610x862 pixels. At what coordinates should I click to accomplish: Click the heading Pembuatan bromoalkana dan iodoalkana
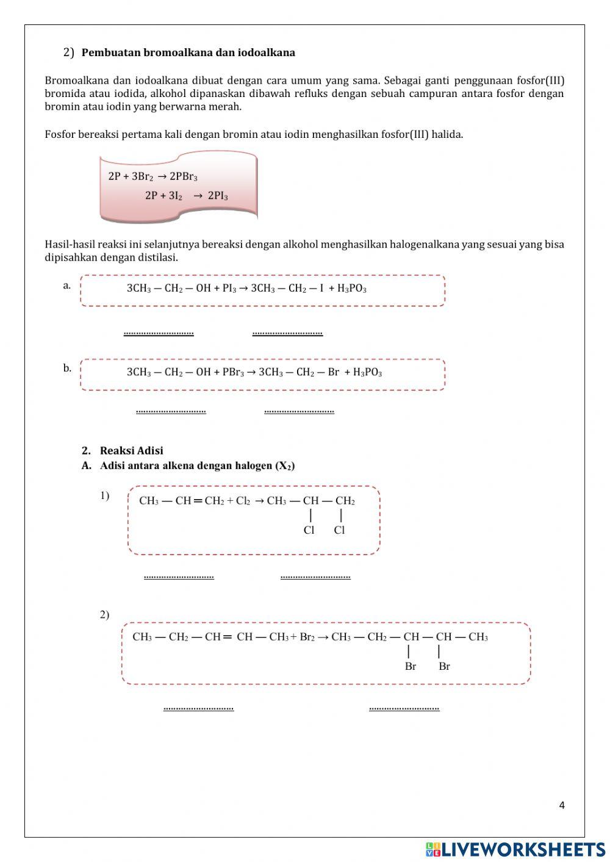(188, 52)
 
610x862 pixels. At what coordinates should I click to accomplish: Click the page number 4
(562, 805)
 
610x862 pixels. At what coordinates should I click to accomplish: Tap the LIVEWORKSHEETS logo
(515, 849)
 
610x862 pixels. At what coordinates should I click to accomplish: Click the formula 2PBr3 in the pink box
(184, 177)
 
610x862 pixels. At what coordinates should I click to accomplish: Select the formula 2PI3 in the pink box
(218, 196)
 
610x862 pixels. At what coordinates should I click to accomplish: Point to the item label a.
(66, 285)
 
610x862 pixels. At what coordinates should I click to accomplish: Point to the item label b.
(66, 368)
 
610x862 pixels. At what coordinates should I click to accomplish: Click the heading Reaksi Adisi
(131, 451)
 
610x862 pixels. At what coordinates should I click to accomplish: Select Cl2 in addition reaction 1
(243, 501)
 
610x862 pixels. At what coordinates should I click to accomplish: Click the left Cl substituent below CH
(309, 530)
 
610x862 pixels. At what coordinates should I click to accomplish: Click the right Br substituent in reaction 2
(444, 666)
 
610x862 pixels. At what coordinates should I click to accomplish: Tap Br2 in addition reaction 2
(307, 637)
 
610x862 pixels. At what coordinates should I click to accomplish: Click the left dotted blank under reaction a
(159, 333)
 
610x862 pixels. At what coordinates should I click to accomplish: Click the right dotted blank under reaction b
(299, 411)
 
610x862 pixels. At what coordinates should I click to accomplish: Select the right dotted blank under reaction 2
(404, 708)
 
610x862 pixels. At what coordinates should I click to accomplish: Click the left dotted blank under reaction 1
(179, 576)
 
